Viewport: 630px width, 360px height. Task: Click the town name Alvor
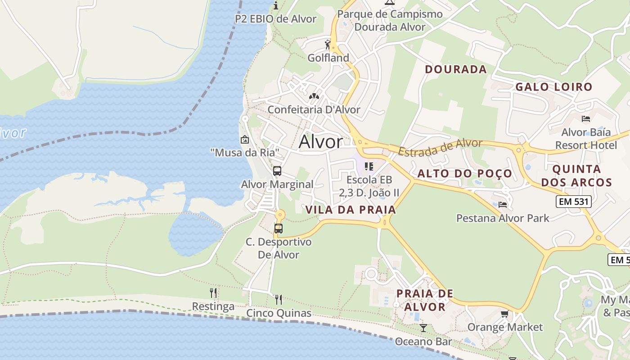[320, 142]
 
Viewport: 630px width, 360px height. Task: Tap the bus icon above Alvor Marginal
[277, 171]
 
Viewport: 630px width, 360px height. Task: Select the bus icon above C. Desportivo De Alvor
[279, 228]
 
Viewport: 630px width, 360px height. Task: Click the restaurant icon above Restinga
[213, 293]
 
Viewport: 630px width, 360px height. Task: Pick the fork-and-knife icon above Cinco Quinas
[279, 299]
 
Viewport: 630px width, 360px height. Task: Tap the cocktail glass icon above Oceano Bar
[423, 328]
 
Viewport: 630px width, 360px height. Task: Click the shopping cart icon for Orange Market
[504, 314]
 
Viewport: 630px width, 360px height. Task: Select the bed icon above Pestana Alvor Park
[503, 205]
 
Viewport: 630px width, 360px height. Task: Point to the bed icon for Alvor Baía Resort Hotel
[585, 119]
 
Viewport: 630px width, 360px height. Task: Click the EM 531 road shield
[573, 202]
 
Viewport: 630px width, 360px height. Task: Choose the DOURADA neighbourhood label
[456, 69]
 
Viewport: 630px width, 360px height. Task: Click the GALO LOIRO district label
[553, 87]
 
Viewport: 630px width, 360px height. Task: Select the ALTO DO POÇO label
[464, 174]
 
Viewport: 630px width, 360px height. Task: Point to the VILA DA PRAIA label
[351, 210]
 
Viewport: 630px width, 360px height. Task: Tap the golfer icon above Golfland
[328, 45]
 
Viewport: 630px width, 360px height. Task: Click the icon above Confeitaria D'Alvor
[314, 96]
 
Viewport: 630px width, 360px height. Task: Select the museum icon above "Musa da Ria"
[245, 139]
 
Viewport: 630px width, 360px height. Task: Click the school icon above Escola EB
[369, 166]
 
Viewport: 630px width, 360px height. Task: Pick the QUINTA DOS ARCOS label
[576, 175]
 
